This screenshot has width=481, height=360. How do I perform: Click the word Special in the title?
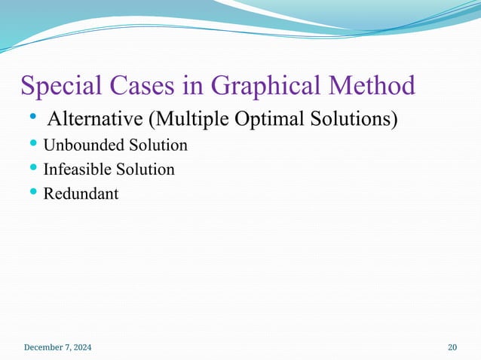click(59, 86)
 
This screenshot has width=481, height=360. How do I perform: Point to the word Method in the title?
click(375, 86)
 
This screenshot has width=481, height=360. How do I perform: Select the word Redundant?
click(81, 194)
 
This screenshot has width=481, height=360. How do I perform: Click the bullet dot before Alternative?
click(33, 118)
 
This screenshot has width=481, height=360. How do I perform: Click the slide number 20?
click(452, 347)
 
